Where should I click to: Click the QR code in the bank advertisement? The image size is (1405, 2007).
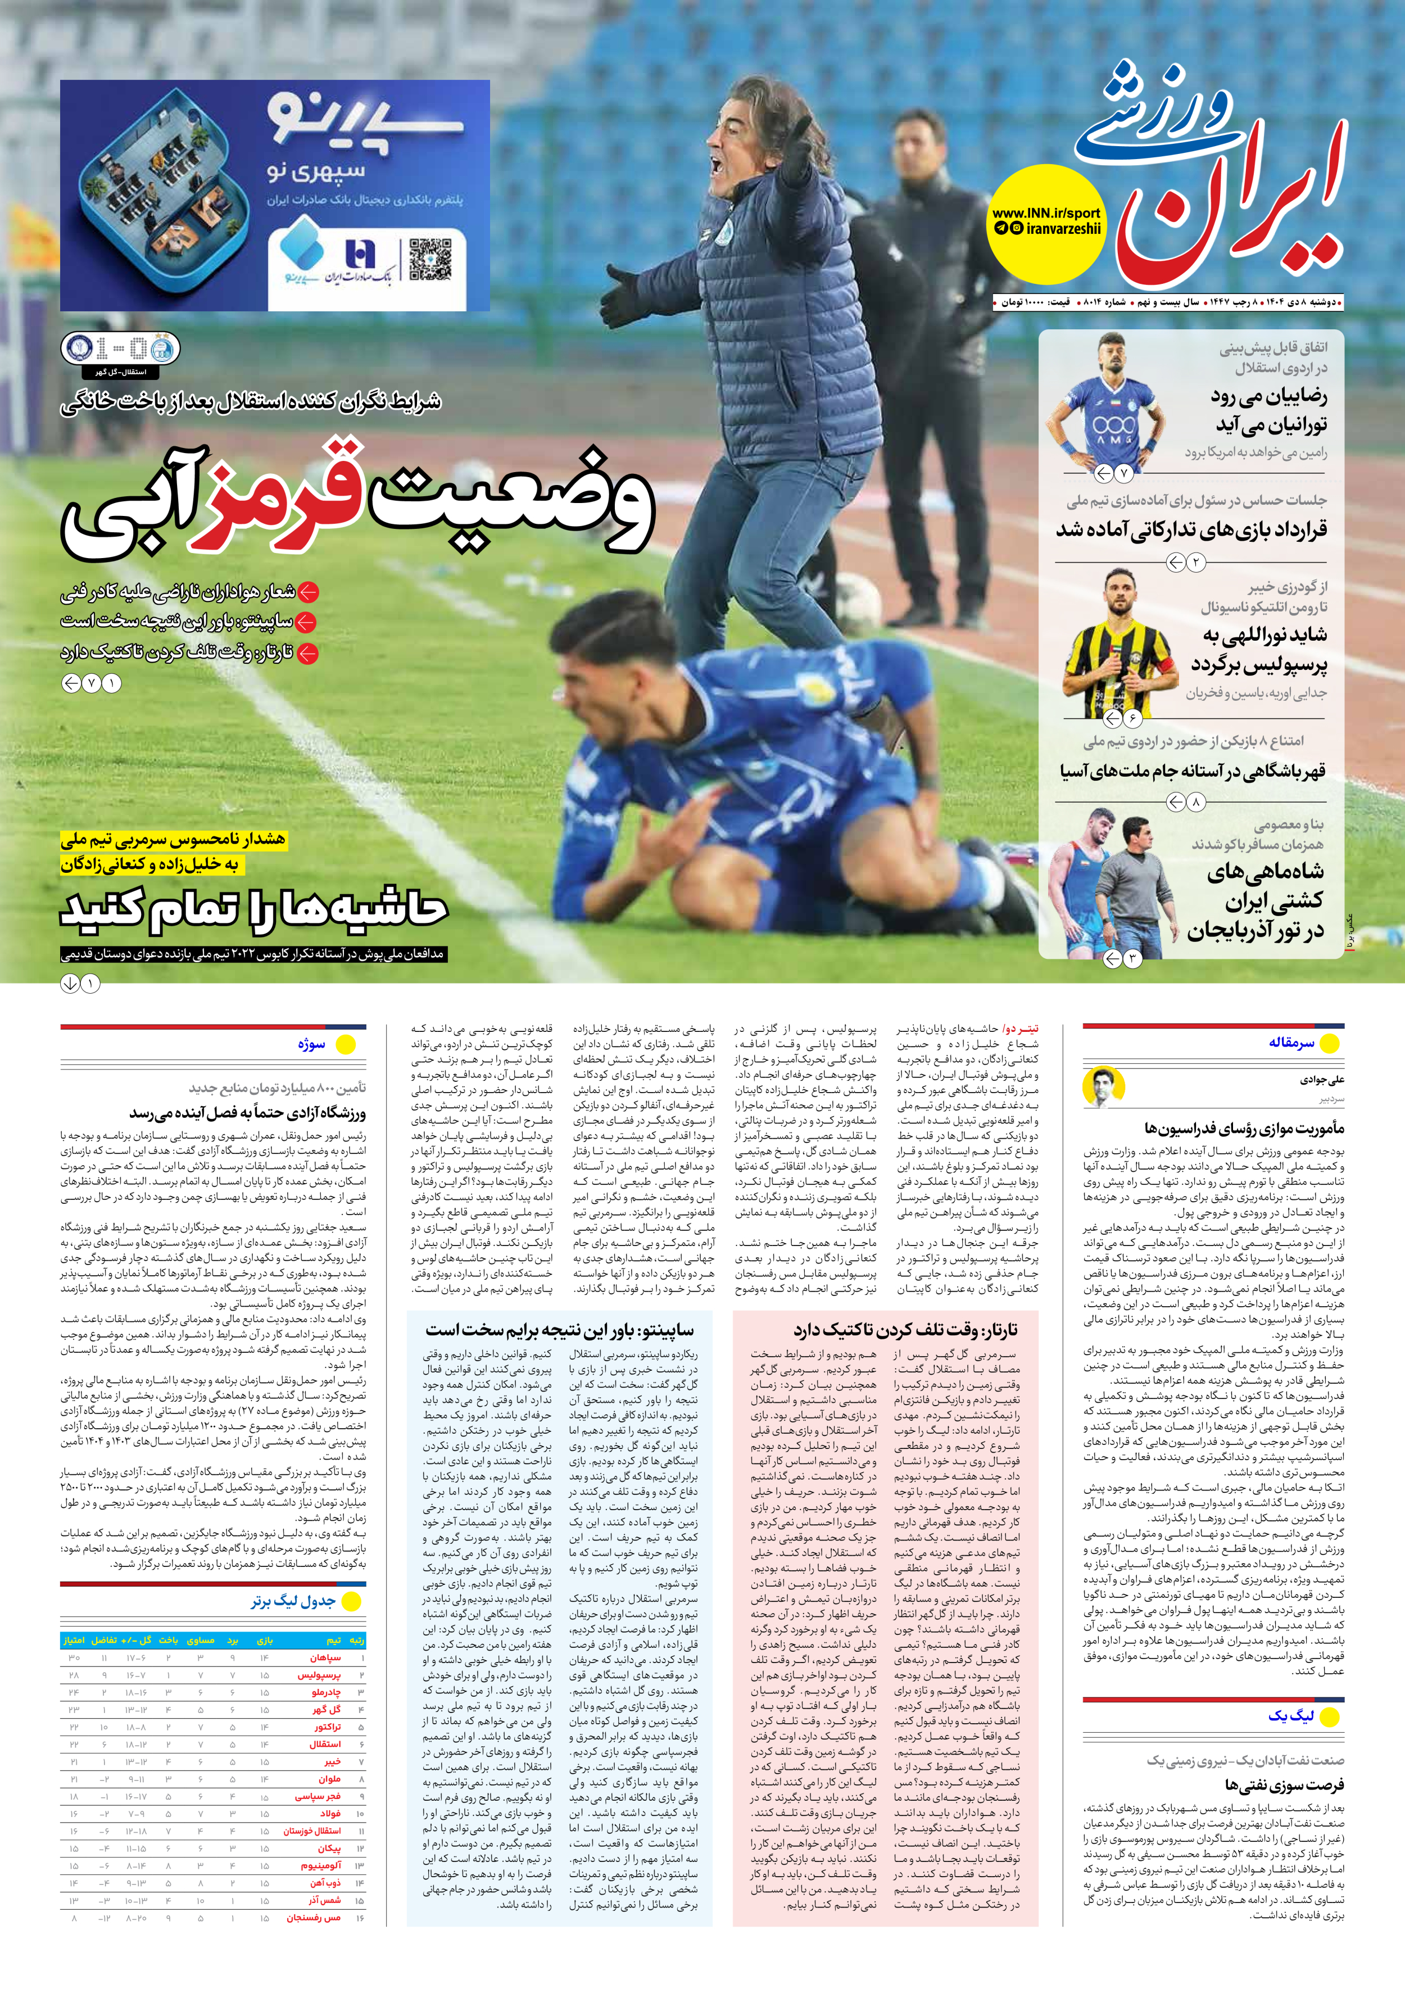pyautogui.click(x=430, y=260)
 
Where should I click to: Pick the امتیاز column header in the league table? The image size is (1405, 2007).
pyautogui.click(x=74, y=1640)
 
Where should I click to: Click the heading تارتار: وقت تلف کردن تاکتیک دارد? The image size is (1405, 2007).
pyautogui.click(x=905, y=1330)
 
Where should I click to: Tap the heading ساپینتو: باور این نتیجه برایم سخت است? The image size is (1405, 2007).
pyautogui.click(x=560, y=1330)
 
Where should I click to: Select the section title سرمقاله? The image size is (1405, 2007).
pyautogui.click(x=1291, y=1043)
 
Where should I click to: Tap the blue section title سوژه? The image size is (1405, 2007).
pyautogui.click(x=311, y=1044)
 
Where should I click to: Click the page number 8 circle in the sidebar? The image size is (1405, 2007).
pyautogui.click(x=1195, y=801)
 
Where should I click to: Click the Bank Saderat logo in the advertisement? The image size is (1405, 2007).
pyautogui.click(x=359, y=256)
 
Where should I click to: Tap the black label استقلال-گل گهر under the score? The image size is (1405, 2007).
pyautogui.click(x=121, y=373)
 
